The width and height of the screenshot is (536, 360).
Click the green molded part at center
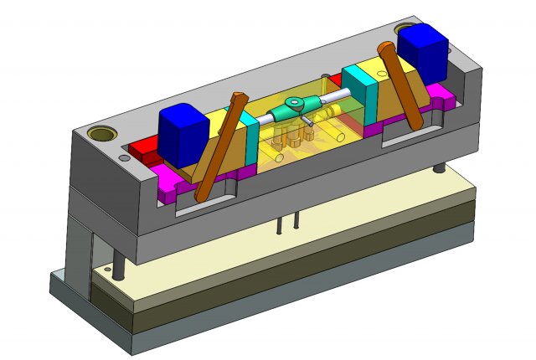296,105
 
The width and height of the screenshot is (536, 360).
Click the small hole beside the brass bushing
124,157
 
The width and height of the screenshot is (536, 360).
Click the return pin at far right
439,168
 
